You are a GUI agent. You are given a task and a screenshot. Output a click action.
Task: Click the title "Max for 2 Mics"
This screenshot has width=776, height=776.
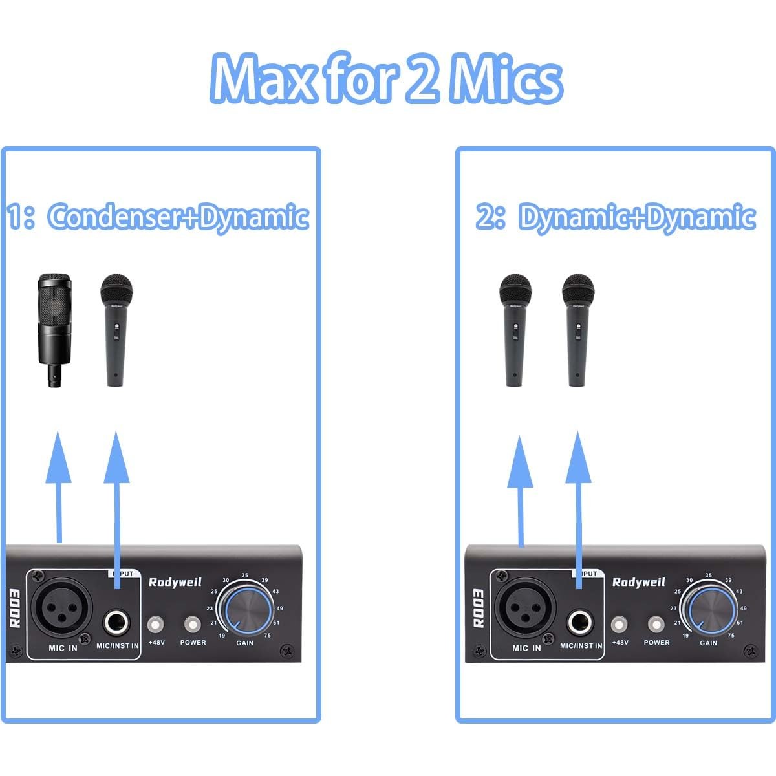point(386,79)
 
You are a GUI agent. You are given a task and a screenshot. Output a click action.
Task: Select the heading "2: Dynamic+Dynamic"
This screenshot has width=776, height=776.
point(616,217)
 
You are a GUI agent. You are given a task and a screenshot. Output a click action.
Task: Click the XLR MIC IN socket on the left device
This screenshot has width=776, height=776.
point(58,607)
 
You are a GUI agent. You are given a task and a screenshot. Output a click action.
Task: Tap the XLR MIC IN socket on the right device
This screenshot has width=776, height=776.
point(521,608)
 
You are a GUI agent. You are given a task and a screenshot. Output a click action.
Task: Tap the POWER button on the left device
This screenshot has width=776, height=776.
point(193,625)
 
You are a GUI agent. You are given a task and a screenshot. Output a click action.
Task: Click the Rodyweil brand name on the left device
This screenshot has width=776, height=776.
point(171,582)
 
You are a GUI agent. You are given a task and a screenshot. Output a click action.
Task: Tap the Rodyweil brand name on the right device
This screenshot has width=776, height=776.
point(638,582)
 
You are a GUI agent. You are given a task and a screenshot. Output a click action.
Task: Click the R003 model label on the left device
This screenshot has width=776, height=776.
point(15,609)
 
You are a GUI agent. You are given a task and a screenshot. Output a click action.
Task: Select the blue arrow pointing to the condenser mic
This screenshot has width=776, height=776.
point(58,485)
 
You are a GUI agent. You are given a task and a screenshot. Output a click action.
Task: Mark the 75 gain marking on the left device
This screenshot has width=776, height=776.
point(266,636)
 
